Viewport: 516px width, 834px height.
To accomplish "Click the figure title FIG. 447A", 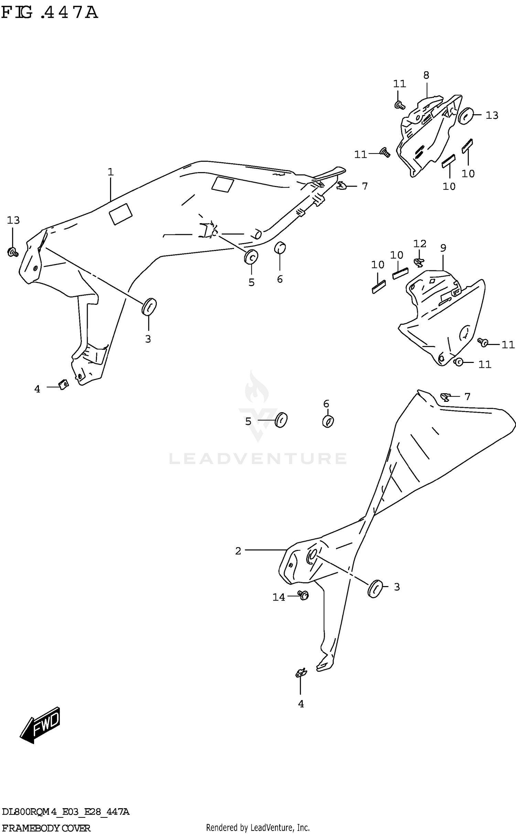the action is click(50, 13).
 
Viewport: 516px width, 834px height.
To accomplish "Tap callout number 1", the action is click(110, 172).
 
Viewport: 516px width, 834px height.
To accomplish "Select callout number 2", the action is click(238, 551).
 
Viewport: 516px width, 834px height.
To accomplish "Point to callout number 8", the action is click(426, 75).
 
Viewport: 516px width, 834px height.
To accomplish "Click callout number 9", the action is click(443, 248).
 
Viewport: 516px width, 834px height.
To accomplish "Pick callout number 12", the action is click(420, 244).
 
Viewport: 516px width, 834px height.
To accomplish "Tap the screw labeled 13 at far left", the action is click(13, 253).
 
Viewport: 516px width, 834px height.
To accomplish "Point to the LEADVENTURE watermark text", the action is click(258, 459).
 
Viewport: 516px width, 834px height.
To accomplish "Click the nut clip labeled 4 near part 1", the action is click(63, 384).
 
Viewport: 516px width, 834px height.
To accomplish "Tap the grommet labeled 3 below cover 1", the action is click(149, 306).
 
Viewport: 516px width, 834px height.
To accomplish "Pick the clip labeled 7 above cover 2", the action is click(445, 398).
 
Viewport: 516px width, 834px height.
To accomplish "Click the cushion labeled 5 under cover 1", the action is click(251, 257).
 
